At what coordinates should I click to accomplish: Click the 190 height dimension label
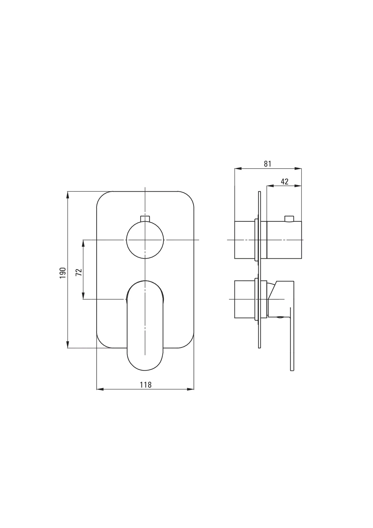click(x=63, y=273)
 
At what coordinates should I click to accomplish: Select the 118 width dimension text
click(x=146, y=385)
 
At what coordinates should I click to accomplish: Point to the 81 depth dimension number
click(x=267, y=164)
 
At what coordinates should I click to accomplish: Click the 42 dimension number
click(x=285, y=181)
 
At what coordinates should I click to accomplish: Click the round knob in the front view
click(x=145, y=240)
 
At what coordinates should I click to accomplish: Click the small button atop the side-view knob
click(x=289, y=219)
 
